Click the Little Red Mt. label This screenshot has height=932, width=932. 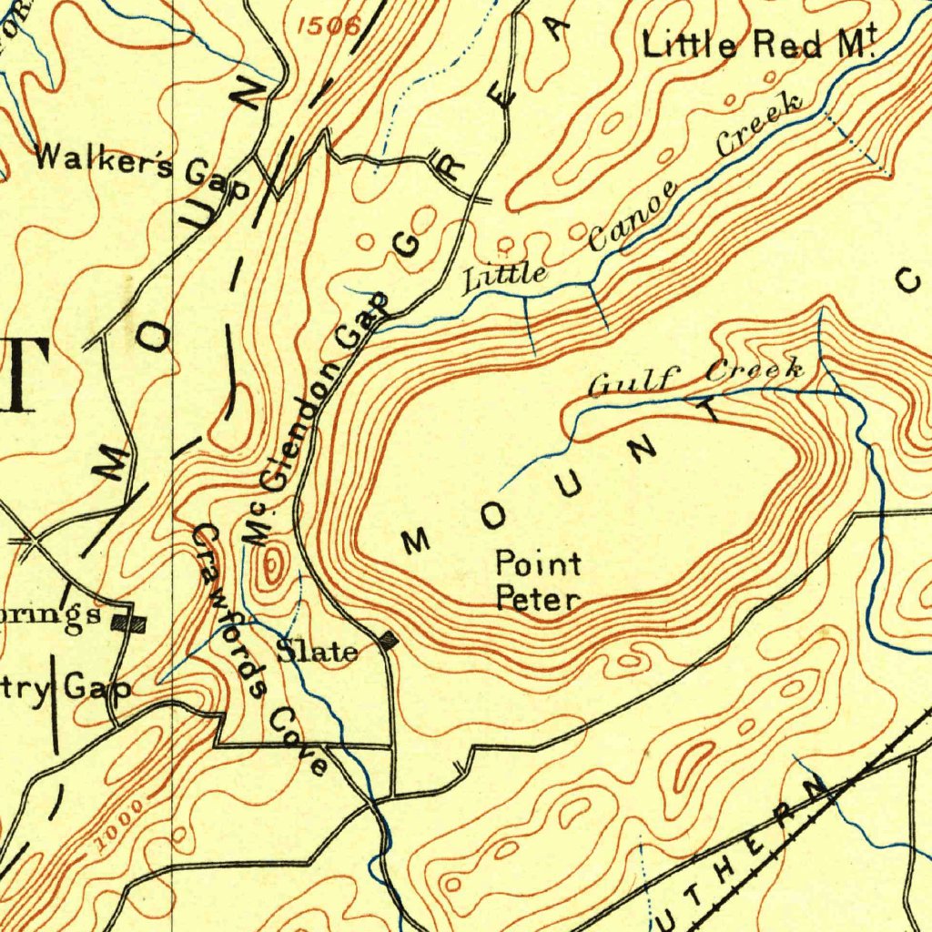(758, 45)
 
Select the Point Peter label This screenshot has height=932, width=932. (538, 582)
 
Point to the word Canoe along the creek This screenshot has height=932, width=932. (633, 215)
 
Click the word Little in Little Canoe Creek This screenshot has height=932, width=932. (505, 276)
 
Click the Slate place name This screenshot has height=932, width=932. (317, 652)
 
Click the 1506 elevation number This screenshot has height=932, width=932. (329, 25)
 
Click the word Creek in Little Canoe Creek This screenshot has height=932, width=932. (760, 123)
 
